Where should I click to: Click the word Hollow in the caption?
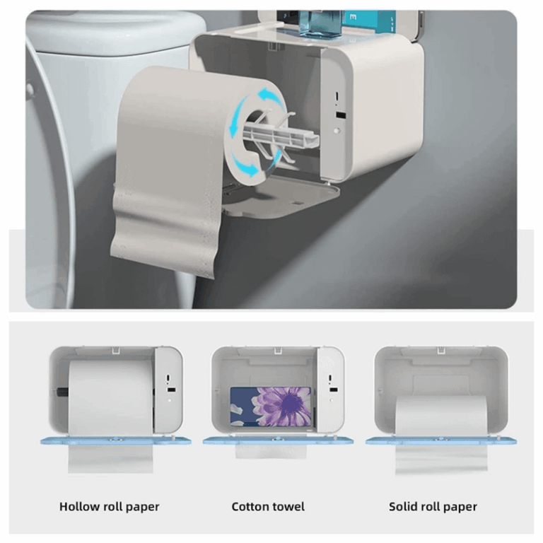(x=79, y=506)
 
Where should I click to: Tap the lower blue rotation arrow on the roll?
(x=245, y=165)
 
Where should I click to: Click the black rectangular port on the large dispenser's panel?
(x=340, y=115)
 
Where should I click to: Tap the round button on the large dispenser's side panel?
(x=337, y=131)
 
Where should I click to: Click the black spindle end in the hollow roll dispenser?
(x=62, y=392)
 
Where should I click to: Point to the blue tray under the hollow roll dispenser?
(x=116, y=440)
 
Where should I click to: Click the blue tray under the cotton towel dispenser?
(x=278, y=440)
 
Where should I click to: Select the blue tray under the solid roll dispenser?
(x=441, y=441)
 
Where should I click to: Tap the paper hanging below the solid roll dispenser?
(x=441, y=459)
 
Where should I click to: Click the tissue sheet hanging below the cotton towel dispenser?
(x=271, y=451)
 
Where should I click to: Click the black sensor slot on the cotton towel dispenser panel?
(x=334, y=390)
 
